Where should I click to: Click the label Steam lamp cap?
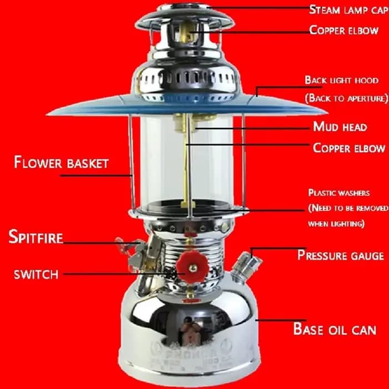pos(349,9)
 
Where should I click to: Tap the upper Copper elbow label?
pos(344,30)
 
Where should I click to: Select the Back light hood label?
pos(342,80)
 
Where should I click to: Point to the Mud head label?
pos(340,127)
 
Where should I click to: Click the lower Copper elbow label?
pos(349,148)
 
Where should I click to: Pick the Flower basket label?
pos(61,162)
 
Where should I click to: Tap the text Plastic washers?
pos(339,193)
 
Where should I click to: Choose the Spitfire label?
pos(36,237)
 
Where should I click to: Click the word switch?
pos(36,275)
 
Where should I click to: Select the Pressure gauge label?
pos(341,255)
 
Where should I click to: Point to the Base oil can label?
pos(335,329)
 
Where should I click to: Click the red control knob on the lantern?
pos(192,266)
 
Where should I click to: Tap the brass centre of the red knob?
pos(192,267)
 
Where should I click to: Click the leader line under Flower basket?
pos(96,176)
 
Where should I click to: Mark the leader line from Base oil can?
pos(281,320)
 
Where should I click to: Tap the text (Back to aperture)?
pos(347,98)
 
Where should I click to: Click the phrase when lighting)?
pos(336,223)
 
